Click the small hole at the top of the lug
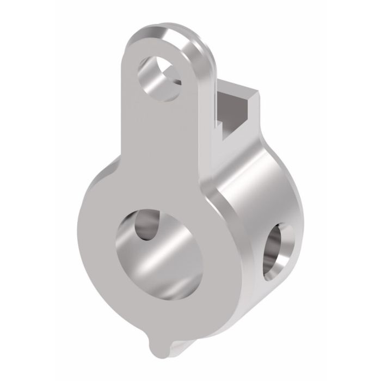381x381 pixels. (x=161, y=76)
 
